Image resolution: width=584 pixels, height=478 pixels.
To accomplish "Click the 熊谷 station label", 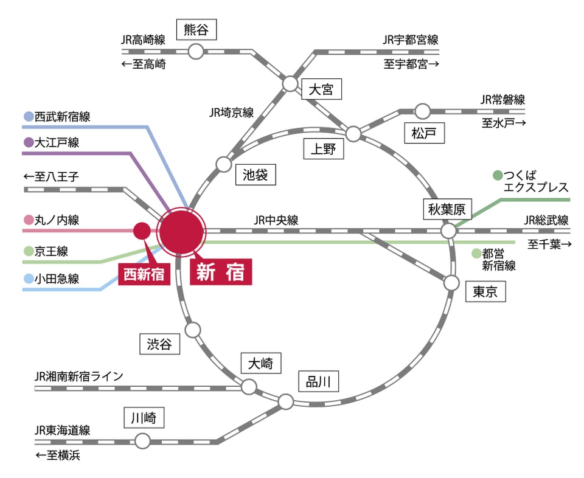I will [196, 29].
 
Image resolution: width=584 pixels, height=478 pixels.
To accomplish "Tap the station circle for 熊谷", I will [196, 52].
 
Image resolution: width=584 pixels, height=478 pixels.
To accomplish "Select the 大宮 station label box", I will [321, 90].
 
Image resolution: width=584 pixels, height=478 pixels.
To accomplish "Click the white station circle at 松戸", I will [422, 111].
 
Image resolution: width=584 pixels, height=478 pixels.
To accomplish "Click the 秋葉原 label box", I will [447, 210].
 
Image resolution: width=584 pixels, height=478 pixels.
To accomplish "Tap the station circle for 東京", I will [451, 283].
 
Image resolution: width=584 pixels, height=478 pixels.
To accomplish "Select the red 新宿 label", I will [221, 273].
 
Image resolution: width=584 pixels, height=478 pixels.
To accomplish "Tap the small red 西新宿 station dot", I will [141, 231].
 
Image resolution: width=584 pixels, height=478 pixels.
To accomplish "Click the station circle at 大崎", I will [249, 387].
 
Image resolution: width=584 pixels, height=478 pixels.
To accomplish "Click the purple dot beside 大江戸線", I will [28, 143].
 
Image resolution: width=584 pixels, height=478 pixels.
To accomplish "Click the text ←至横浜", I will [58, 455].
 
